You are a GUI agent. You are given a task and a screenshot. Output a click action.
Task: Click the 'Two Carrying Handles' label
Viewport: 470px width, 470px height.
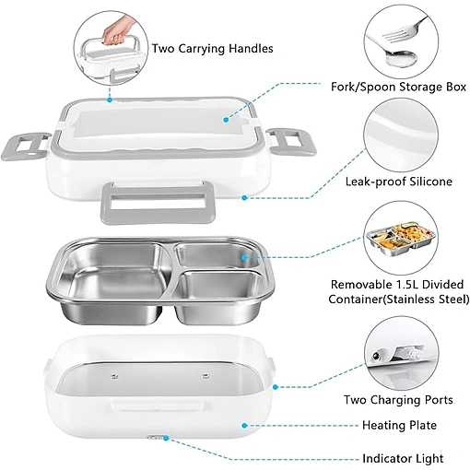213,49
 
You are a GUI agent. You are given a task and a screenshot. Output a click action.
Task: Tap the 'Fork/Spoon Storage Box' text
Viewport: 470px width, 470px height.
398,87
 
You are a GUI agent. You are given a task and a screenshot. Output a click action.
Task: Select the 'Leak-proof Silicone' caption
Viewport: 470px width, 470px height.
399,182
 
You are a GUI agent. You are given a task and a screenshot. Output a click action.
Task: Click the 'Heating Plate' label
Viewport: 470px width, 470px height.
399,425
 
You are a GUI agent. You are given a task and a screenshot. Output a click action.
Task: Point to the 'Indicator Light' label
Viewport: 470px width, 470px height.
403,458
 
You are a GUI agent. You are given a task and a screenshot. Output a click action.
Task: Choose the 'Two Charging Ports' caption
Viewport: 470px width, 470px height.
398,400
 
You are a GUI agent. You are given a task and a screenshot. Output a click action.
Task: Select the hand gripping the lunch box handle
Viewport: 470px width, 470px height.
117,31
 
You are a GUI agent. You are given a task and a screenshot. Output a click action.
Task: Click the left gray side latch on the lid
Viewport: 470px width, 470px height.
25,146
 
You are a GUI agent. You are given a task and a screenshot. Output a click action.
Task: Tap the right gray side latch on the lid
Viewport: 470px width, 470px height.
290,142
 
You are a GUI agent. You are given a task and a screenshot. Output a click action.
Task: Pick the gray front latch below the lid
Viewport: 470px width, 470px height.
158,203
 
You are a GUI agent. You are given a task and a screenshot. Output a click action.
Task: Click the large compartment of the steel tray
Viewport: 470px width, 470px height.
116,283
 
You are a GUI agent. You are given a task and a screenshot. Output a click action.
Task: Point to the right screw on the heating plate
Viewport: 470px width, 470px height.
205,375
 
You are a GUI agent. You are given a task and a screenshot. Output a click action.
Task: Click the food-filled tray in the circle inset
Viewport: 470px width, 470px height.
402,236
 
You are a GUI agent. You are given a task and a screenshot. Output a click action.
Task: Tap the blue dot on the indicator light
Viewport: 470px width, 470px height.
166,438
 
